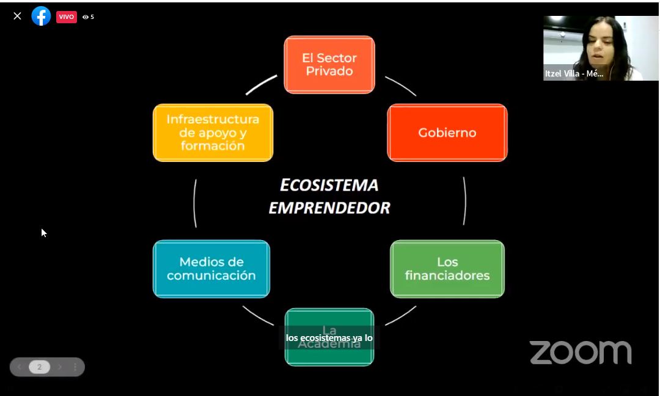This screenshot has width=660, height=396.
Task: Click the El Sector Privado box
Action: pos(329,65)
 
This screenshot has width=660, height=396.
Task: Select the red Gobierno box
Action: pos(447,133)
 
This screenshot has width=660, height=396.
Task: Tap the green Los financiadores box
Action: pos(447,269)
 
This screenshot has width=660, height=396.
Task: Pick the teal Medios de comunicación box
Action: pos(211,269)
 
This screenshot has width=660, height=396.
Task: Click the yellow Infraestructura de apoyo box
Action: pos(213,133)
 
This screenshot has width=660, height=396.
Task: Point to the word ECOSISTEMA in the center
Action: pos(329,185)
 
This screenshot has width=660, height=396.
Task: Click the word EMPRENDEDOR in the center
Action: pos(329,208)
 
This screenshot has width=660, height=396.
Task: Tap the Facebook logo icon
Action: pos(41,16)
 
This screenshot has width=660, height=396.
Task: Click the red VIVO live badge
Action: pos(66,17)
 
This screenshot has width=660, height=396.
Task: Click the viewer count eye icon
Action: pos(86,17)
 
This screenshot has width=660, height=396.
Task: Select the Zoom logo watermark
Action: pos(580,353)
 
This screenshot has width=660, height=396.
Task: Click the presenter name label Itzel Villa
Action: pos(574,74)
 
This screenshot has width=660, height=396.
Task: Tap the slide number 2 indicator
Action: pos(40,367)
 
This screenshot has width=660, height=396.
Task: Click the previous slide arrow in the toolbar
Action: pos(20,367)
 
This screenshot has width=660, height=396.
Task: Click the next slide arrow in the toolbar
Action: pos(59,367)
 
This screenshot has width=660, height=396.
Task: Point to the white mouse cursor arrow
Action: pos(43,232)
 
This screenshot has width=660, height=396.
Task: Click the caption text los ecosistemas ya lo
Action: pos(329,337)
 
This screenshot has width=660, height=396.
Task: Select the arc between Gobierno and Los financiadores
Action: pos(464,201)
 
